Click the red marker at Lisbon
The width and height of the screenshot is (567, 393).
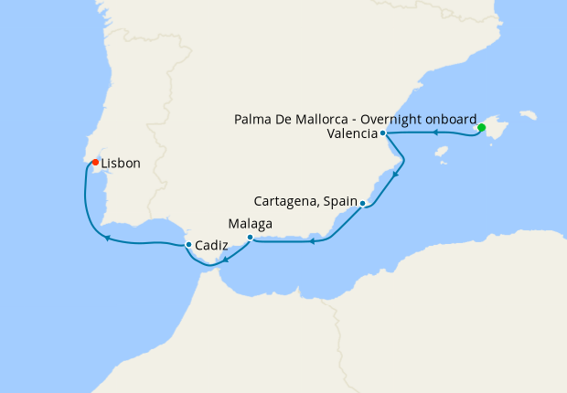(x=95, y=163)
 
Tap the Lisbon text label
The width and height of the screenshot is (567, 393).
(x=121, y=164)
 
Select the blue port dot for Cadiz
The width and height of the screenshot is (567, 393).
(x=188, y=245)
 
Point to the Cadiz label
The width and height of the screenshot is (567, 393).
(x=212, y=245)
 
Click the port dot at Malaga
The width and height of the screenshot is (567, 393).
(x=250, y=238)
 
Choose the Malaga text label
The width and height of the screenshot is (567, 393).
(x=250, y=223)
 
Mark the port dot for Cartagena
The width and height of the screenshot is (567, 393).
(x=363, y=203)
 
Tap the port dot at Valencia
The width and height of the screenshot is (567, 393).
(x=382, y=133)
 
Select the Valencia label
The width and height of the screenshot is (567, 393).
(x=351, y=133)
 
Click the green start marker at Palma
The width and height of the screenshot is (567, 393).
(x=481, y=128)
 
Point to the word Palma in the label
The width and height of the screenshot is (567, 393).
(x=252, y=120)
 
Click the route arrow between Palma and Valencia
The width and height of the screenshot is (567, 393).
(x=436, y=133)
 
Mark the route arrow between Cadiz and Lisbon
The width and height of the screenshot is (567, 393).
(x=107, y=239)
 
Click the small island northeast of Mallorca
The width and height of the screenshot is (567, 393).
(x=527, y=116)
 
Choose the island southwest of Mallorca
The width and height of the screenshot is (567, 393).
(x=442, y=152)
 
